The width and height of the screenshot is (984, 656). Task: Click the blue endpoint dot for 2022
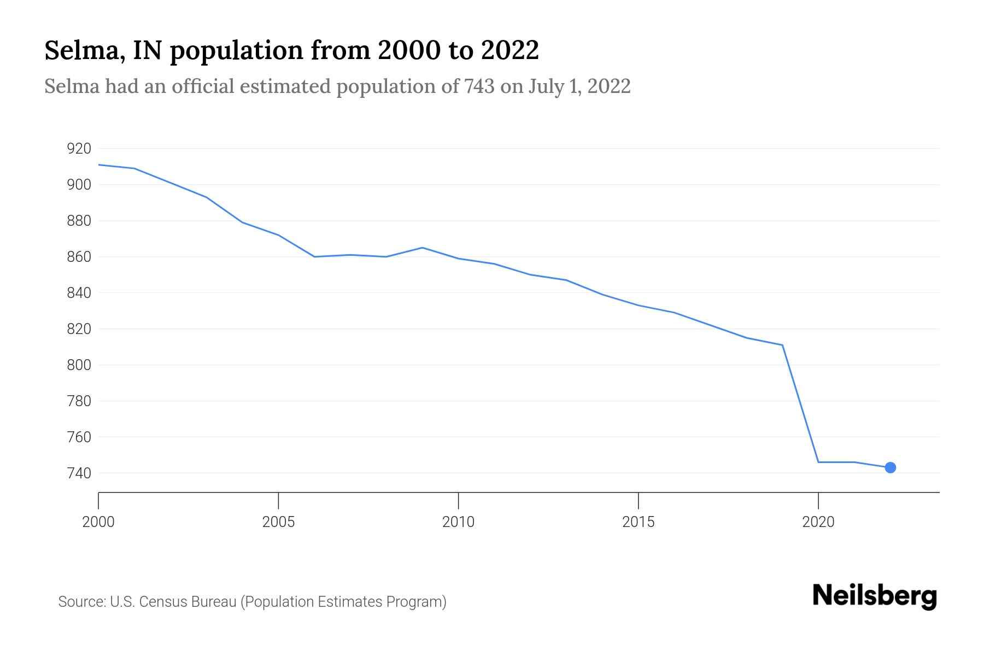(890, 467)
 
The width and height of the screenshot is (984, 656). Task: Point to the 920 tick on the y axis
(79, 149)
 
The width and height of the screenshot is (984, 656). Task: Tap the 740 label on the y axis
(79, 473)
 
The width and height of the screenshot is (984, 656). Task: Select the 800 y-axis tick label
(79, 365)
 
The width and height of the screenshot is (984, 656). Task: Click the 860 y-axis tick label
(79, 257)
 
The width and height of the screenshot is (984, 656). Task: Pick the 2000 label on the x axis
(98, 522)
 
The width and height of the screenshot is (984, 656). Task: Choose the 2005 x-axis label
(278, 522)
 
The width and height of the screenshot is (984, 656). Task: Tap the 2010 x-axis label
(458, 522)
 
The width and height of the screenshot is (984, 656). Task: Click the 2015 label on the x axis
(638, 522)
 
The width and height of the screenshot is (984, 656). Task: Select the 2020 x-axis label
(818, 522)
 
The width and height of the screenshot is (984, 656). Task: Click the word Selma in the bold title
(79, 51)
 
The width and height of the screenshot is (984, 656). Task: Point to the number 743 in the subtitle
(479, 86)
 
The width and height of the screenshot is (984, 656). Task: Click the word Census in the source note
(161, 602)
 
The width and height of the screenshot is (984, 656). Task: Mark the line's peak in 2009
(422, 248)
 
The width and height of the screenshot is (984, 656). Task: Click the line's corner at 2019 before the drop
(782, 345)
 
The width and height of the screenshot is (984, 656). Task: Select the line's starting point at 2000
(99, 165)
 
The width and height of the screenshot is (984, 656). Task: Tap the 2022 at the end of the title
(510, 51)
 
